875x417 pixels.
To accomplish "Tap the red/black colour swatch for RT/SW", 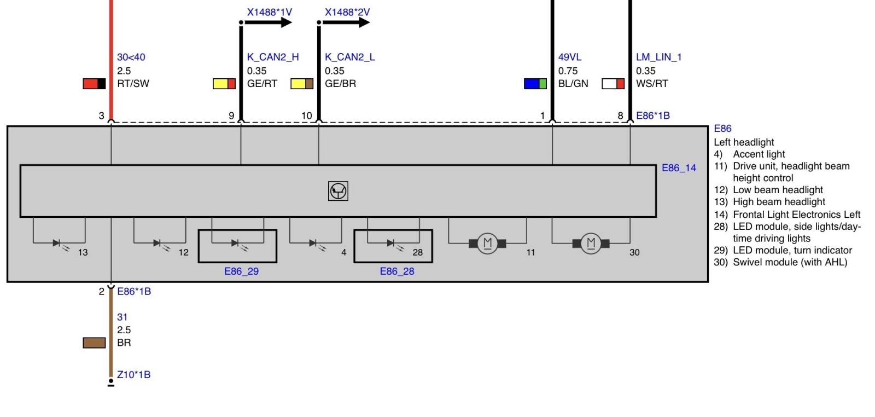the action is [x=94, y=84].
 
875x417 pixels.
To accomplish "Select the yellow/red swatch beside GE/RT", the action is [x=224, y=84].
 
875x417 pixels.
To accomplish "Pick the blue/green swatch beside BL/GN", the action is [x=535, y=84].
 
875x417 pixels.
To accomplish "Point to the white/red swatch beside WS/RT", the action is [x=613, y=84].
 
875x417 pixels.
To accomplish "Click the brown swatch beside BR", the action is [x=94, y=343].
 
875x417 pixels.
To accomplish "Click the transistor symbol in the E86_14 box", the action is [x=339, y=191].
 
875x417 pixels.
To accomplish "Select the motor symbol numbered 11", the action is [x=487, y=244].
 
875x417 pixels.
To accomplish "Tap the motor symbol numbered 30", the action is [x=591, y=244].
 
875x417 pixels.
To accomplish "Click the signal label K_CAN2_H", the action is [x=273, y=57].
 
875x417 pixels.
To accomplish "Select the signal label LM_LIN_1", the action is [x=659, y=57].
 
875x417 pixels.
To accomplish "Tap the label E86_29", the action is [x=241, y=271].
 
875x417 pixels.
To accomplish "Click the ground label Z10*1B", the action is [x=133, y=374].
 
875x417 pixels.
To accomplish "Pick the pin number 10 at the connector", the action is [x=307, y=115].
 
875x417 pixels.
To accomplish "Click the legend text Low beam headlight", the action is [x=778, y=190].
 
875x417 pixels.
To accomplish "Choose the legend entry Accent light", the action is [x=759, y=154].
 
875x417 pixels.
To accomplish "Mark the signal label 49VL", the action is [x=570, y=57].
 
